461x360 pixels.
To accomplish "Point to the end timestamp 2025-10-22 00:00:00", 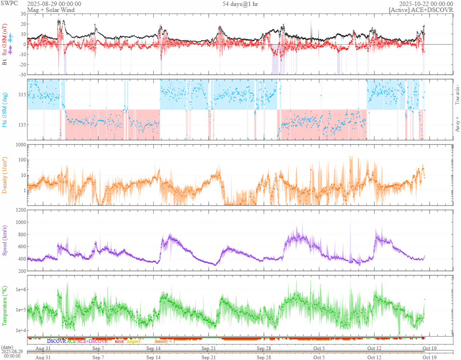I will pyautogui.click(x=429, y=4).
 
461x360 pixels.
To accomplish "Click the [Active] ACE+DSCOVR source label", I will pyautogui.click(x=421, y=10).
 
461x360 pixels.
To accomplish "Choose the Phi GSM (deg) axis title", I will pyautogui.click(x=5, y=109).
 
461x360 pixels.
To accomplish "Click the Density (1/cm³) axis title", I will pyautogui.click(x=5, y=175).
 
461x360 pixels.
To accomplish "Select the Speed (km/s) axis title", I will pyautogui.click(x=5, y=240).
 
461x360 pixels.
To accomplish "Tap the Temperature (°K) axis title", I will pyautogui.click(x=5, y=306).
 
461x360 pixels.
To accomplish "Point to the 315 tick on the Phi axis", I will pyautogui.click(x=21, y=95).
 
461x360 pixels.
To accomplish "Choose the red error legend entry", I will pyautogui.click(x=119, y=341).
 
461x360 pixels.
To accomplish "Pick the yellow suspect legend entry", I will pyautogui.click(x=133, y=341).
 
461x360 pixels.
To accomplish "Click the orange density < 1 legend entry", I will pyautogui.click(x=164, y=341).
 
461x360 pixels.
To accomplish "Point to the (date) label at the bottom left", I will pyautogui.click(x=7, y=347).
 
